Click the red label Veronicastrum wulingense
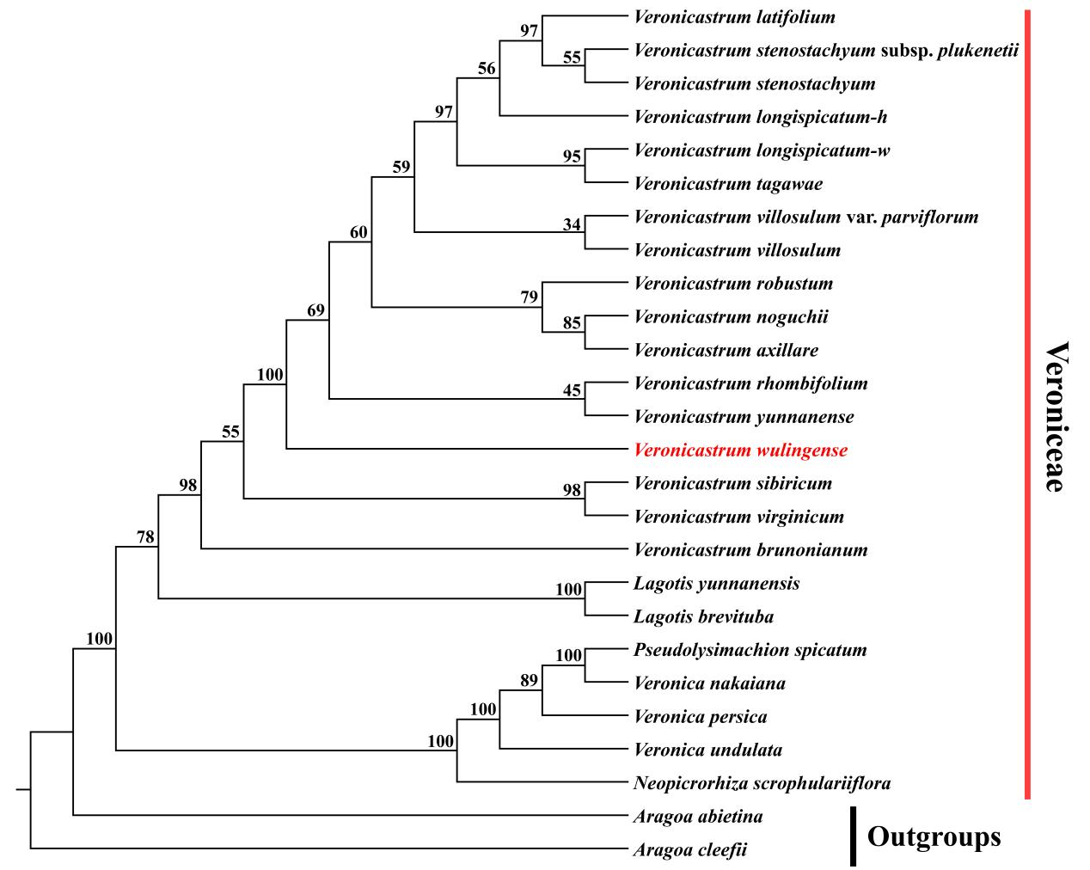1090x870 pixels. [x=740, y=450]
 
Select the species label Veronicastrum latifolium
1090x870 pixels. [x=734, y=16]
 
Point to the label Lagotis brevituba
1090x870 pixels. [x=703, y=616]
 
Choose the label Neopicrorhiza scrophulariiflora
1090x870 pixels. [x=762, y=783]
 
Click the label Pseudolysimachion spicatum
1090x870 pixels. [x=750, y=650]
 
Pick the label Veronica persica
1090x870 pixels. [x=700, y=716]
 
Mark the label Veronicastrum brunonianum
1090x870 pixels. [x=750, y=549]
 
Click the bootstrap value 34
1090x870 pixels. [x=573, y=224]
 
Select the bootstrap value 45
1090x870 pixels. [x=573, y=390]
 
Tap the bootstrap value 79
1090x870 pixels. [x=530, y=297]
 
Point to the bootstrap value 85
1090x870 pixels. [x=573, y=324]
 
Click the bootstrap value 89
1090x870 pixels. [x=530, y=681]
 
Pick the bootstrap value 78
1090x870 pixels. [x=145, y=537]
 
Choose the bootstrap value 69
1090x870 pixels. [x=316, y=310]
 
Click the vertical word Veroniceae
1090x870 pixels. [x=1056, y=417]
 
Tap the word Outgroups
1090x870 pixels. [x=934, y=836]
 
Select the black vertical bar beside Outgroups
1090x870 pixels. [x=853, y=836]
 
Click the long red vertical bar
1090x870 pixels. [x=1026, y=404]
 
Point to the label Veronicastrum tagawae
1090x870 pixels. [x=728, y=184]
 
